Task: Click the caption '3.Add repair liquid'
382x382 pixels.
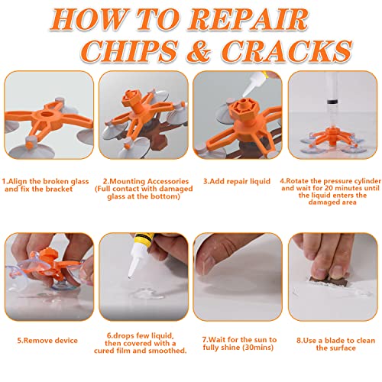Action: click(237, 182)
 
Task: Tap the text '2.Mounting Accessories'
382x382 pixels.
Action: click(142, 182)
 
